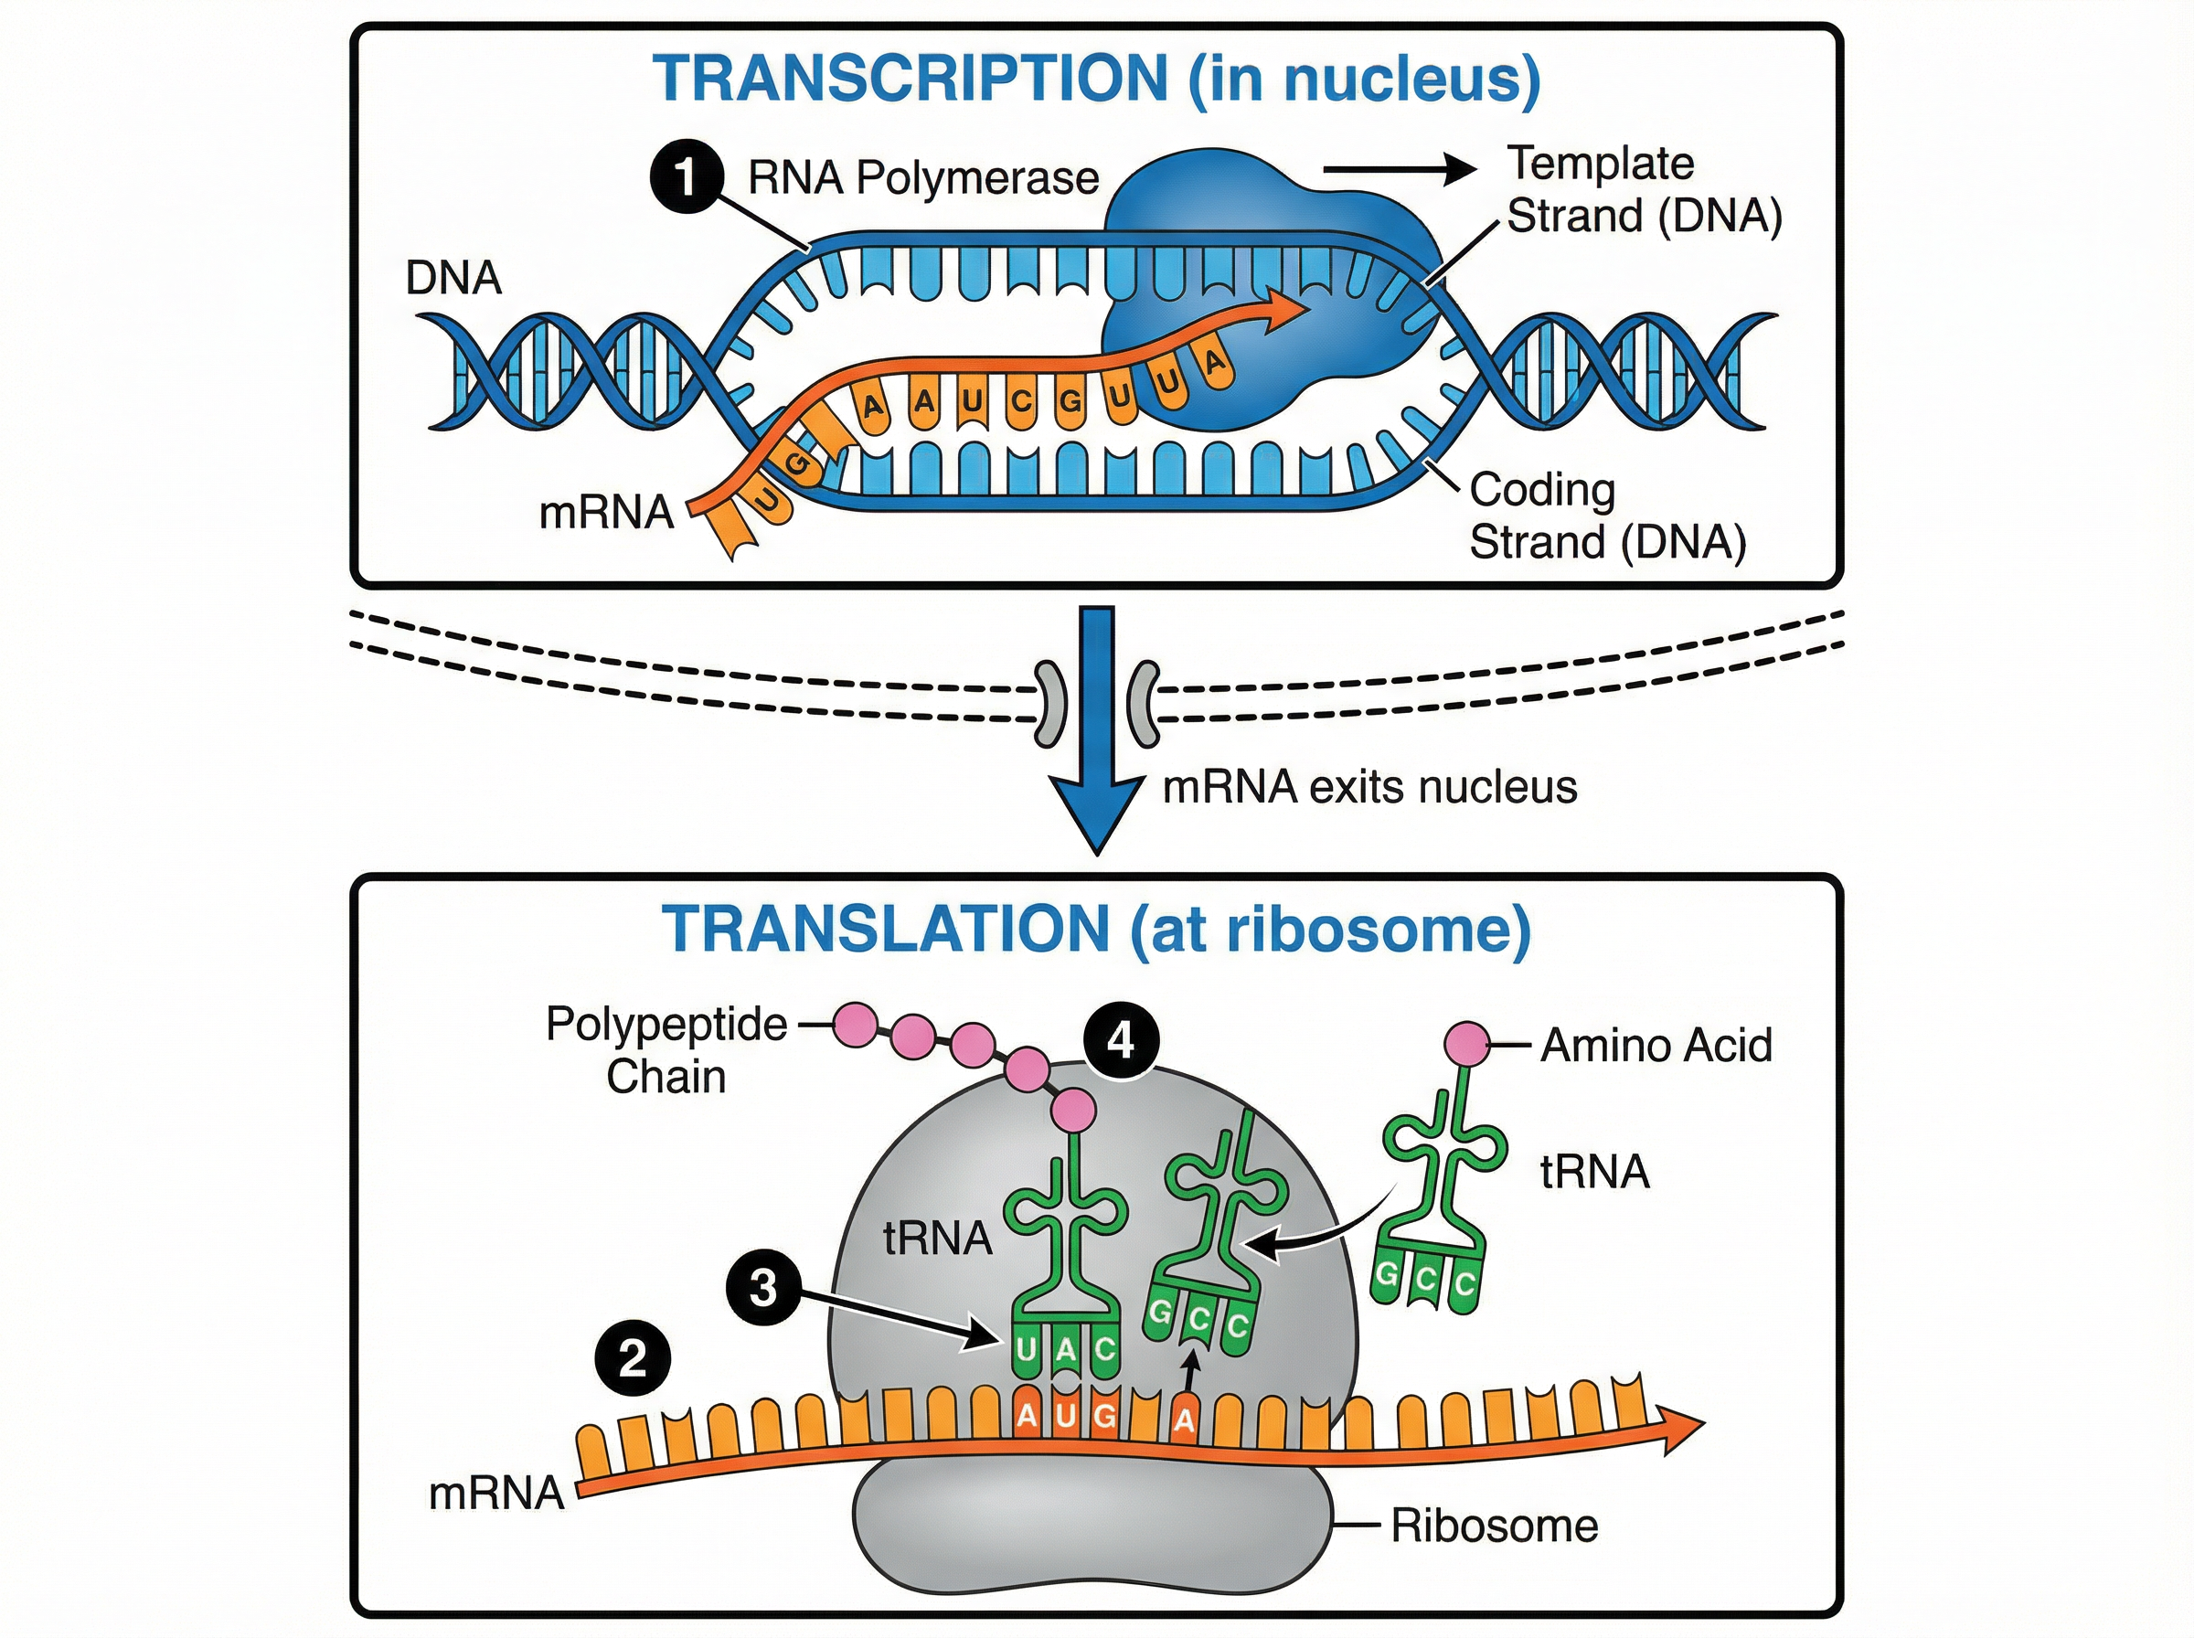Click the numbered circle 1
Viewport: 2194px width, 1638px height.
click(x=686, y=177)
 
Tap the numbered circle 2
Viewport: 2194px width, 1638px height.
click(x=633, y=1357)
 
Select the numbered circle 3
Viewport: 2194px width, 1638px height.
click(x=762, y=1287)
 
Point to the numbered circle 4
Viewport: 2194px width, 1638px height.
click(x=1120, y=1040)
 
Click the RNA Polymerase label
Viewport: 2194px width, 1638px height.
click(x=923, y=178)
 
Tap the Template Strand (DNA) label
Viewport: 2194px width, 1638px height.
click(x=1644, y=189)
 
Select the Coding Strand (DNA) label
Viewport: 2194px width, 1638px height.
click(x=1606, y=516)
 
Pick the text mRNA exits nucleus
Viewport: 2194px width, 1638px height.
click(x=1369, y=787)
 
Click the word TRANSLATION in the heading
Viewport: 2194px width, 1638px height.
click(x=885, y=930)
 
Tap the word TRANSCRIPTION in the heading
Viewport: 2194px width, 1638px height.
click(x=909, y=79)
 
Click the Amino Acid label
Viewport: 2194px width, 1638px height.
click(x=1656, y=1045)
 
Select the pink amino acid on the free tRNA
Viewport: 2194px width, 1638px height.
click(x=1465, y=1044)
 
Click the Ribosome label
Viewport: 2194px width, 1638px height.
click(x=1494, y=1525)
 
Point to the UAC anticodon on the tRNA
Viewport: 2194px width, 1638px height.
click(x=1066, y=1349)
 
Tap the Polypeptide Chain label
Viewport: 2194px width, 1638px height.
click(x=666, y=1050)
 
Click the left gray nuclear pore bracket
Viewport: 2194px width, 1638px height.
click(x=1049, y=704)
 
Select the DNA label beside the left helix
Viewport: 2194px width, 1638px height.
click(x=453, y=278)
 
